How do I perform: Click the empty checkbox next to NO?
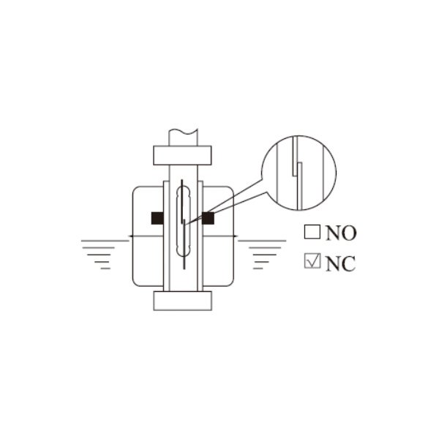click(312, 232)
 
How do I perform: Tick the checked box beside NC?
click(312, 260)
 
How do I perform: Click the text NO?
click(341, 233)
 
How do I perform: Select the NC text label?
click(341, 263)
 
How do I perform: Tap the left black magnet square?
click(157, 218)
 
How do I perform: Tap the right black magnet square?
click(208, 218)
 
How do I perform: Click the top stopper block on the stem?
click(182, 155)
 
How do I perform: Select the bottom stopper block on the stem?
click(182, 301)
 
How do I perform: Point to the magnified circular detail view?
click(299, 173)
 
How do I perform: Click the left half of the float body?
click(148, 236)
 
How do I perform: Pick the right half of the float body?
click(218, 236)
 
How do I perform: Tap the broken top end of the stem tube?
click(184, 131)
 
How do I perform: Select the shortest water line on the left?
click(105, 269)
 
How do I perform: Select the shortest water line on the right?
click(258, 269)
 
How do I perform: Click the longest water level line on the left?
click(105, 241)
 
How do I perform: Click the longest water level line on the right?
click(263, 241)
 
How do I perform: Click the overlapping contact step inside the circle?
click(297, 170)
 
